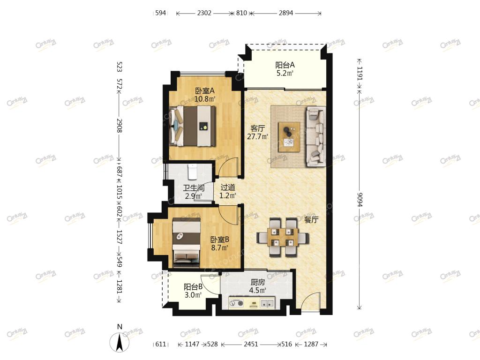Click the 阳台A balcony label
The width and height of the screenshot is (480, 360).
(x=285, y=65)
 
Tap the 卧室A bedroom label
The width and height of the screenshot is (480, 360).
(x=205, y=91)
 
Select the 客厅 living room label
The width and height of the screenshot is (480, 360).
(x=257, y=128)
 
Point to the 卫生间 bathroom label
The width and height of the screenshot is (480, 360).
(x=194, y=187)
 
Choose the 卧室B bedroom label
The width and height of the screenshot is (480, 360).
(x=219, y=240)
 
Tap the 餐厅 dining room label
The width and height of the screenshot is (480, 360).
(x=311, y=219)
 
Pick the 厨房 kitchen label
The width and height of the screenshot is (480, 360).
(x=257, y=282)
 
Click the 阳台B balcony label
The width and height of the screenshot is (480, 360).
(x=193, y=287)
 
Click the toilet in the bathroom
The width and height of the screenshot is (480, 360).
(x=192, y=172)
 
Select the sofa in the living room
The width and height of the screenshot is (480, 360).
(x=315, y=136)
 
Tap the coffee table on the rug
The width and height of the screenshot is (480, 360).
(x=289, y=136)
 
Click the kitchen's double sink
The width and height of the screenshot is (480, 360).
(x=267, y=303)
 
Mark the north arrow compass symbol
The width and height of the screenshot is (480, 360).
(x=120, y=341)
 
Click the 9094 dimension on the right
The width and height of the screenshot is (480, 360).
(x=360, y=200)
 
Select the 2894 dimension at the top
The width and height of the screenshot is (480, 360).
(x=285, y=13)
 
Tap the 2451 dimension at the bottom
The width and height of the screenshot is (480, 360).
(x=251, y=344)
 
